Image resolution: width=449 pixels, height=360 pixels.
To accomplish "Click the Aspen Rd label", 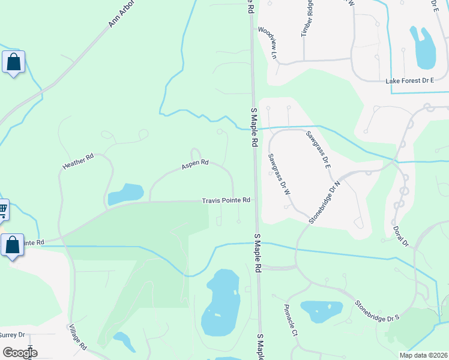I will (195, 163).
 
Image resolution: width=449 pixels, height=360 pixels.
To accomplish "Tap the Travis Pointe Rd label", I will (225, 200).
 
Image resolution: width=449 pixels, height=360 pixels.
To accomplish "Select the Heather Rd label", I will (79, 160).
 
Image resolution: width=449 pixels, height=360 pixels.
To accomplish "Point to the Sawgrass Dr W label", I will (279, 173).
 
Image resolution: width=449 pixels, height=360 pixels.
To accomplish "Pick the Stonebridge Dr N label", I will (325, 202).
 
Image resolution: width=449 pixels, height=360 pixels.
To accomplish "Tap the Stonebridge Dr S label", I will (377, 311).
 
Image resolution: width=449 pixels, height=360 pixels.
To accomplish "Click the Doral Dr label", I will (400, 236).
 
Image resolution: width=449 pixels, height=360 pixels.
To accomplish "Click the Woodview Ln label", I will (269, 42).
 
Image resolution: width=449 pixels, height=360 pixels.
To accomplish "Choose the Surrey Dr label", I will (11, 335).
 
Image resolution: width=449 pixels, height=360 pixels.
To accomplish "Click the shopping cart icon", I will (2, 210).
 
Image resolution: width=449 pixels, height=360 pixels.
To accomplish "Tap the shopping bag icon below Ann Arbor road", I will (13, 62).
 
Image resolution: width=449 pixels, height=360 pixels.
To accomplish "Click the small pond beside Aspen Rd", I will (125, 194).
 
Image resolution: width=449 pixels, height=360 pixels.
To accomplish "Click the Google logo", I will (20, 353).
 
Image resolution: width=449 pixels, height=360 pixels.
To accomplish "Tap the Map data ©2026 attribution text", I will (423, 355).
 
